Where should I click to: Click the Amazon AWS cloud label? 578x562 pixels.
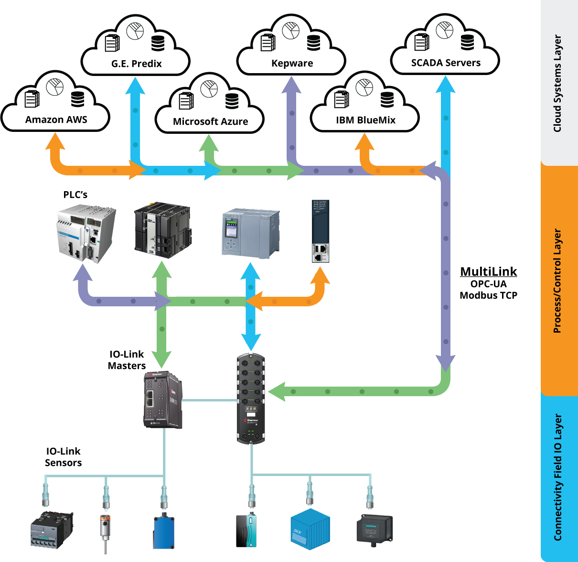pyautogui.click(x=56, y=119)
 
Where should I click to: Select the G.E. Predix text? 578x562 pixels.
pyautogui.click(x=137, y=64)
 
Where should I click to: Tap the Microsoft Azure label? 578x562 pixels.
pyautogui.click(x=211, y=121)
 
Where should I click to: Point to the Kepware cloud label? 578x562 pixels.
pyautogui.click(x=292, y=63)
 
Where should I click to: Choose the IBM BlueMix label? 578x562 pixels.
pyautogui.click(x=366, y=120)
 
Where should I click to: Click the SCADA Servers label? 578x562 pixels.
pyautogui.click(x=446, y=63)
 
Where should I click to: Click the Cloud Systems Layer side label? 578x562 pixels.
pyautogui.click(x=557, y=83)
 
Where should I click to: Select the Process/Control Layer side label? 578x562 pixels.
pyautogui.click(x=557, y=281)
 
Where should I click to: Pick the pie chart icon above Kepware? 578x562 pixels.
pyautogui.click(x=290, y=30)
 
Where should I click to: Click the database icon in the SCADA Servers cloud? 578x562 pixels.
pyautogui.click(x=468, y=42)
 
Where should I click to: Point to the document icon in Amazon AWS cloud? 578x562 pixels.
pyautogui.click(x=32, y=98)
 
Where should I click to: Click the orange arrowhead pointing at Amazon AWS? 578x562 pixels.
pyautogui.click(x=55, y=140)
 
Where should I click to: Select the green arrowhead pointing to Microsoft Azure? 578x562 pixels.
pyautogui.click(x=209, y=143)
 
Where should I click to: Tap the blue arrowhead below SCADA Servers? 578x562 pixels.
pyautogui.click(x=446, y=85)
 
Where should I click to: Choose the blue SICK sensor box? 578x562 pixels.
pyautogui.click(x=310, y=529)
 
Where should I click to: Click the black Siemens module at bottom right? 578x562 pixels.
pyautogui.click(x=375, y=530)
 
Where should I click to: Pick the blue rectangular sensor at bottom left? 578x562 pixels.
pyautogui.click(x=164, y=531)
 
